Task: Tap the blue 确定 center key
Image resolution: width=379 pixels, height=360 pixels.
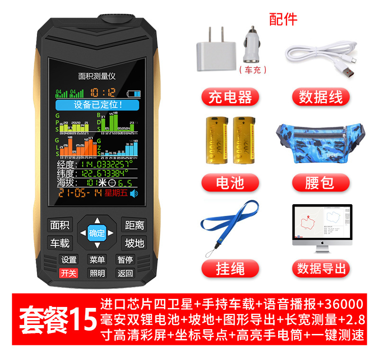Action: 97,233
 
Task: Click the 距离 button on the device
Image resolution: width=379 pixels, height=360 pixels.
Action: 134,225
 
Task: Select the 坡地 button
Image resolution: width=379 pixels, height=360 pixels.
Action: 134,243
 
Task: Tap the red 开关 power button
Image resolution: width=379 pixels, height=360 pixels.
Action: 69,273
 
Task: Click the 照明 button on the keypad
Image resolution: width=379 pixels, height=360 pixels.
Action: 97,273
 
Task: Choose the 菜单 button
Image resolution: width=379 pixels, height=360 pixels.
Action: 97,259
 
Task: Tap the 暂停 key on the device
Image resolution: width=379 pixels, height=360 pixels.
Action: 126,259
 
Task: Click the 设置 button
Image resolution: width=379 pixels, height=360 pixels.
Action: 69,259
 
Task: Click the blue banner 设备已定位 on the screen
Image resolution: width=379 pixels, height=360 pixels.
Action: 98,105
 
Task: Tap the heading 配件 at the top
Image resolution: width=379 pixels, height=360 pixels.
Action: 283,19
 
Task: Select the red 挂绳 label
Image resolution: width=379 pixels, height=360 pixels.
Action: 230,269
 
